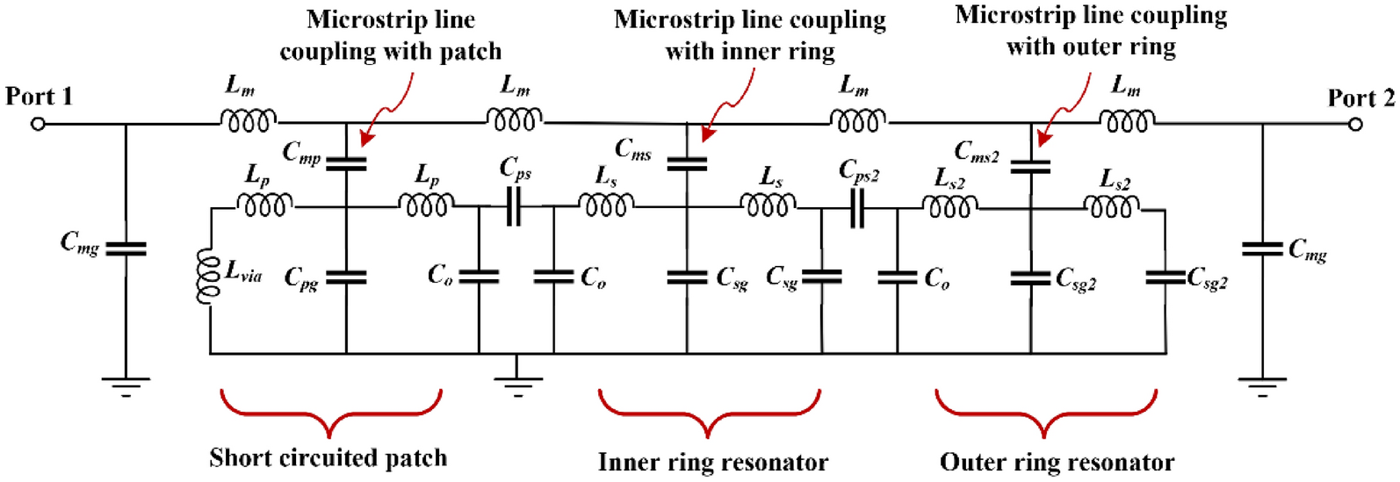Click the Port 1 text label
[39, 96]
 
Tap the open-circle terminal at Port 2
[1355, 125]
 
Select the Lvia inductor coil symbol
[209, 277]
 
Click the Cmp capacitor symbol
[346, 162]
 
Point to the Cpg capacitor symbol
[346, 277]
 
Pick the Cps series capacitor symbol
[514, 208]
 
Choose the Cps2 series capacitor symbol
[857, 209]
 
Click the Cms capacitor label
[632, 149]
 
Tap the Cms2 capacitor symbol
[1030, 164]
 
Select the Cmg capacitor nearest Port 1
[126, 249]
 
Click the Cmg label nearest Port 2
[1308, 251]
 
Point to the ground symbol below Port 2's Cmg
[1262, 385]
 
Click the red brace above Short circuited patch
[330, 413]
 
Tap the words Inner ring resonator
[712, 462]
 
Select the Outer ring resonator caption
[1057, 462]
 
